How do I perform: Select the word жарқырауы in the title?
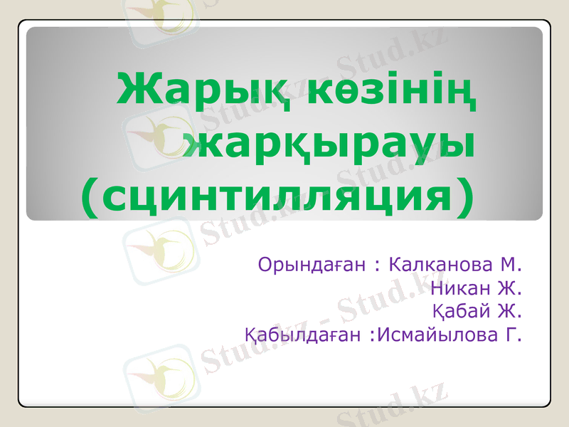coord(329,144)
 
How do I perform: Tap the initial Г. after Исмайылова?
coord(512,334)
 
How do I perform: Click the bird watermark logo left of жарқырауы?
coord(158,132)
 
